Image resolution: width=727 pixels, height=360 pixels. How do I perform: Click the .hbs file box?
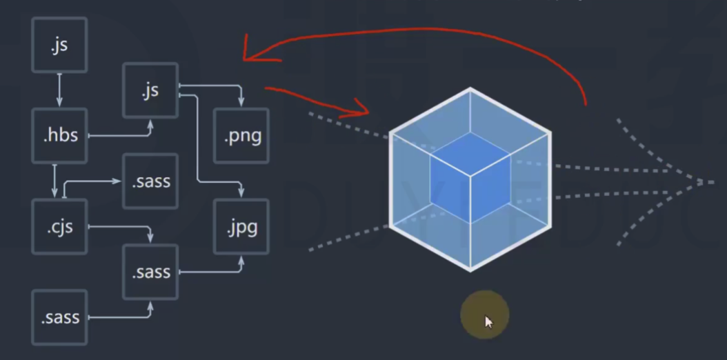[59, 135]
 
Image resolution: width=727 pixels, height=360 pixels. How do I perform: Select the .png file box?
[241, 135]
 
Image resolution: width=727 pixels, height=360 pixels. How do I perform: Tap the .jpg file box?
[241, 226]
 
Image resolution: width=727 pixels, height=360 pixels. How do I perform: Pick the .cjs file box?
[59, 226]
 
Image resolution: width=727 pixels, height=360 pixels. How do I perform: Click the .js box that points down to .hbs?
[59, 46]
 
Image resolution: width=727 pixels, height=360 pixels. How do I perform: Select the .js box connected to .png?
[150, 90]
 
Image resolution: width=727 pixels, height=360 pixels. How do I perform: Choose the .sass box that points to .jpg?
[150, 272]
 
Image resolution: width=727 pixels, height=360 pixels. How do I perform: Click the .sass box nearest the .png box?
[150, 181]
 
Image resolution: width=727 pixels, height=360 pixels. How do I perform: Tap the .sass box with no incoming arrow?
[59, 317]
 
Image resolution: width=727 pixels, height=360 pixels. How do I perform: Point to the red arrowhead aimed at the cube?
[362, 108]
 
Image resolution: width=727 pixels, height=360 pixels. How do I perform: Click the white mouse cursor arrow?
[489, 321]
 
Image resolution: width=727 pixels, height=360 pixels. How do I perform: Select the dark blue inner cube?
[470, 177]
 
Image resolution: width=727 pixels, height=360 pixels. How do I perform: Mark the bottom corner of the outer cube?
[470, 269]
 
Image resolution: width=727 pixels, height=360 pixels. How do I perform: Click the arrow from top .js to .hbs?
[59, 90]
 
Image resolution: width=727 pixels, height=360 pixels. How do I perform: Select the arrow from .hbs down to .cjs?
[54, 181]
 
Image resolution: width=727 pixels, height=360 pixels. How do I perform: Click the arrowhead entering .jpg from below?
[241, 261]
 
